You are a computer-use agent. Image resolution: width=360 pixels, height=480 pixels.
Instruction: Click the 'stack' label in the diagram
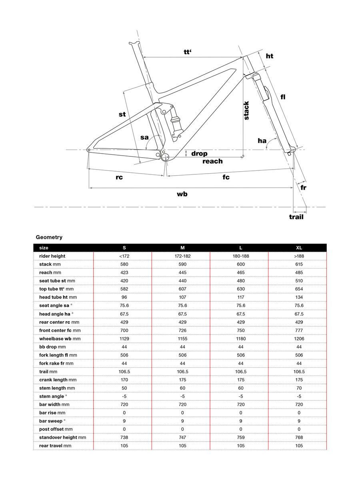[x=247, y=110]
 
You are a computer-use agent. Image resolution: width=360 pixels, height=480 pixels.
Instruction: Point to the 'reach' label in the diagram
[x=212, y=161]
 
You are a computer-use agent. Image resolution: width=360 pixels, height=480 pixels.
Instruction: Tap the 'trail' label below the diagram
[x=296, y=217]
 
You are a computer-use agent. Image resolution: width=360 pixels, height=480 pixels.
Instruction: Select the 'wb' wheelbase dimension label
[x=182, y=194]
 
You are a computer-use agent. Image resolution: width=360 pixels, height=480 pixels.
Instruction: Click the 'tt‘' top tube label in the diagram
[x=188, y=52]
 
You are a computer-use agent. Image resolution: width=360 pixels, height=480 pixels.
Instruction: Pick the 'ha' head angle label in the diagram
[x=262, y=140]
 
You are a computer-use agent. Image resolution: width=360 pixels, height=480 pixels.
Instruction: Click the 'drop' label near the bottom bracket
[x=199, y=153]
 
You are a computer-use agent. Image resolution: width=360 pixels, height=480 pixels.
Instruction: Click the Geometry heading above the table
[x=49, y=237]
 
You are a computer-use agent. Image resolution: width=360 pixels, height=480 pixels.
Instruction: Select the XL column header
[x=299, y=248]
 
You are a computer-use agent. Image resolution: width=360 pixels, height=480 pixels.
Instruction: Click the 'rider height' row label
[x=52, y=256]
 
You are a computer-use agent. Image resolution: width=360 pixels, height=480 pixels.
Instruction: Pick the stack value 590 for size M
[x=182, y=264]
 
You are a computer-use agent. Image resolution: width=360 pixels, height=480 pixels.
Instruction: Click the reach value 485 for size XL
[x=299, y=272]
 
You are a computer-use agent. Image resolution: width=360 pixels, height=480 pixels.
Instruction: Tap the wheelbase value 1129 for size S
[x=124, y=338]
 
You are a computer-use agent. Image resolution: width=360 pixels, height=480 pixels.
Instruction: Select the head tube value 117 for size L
[x=240, y=297]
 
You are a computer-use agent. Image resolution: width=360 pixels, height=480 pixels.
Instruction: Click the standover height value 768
[x=299, y=437]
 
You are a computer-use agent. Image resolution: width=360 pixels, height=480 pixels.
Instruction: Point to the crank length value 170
[x=124, y=380]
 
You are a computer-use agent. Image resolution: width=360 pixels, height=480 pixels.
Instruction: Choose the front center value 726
[x=182, y=330]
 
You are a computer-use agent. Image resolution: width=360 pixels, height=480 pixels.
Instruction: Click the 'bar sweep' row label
[x=51, y=421]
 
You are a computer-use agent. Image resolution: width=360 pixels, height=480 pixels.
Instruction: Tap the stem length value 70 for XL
[x=299, y=388]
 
